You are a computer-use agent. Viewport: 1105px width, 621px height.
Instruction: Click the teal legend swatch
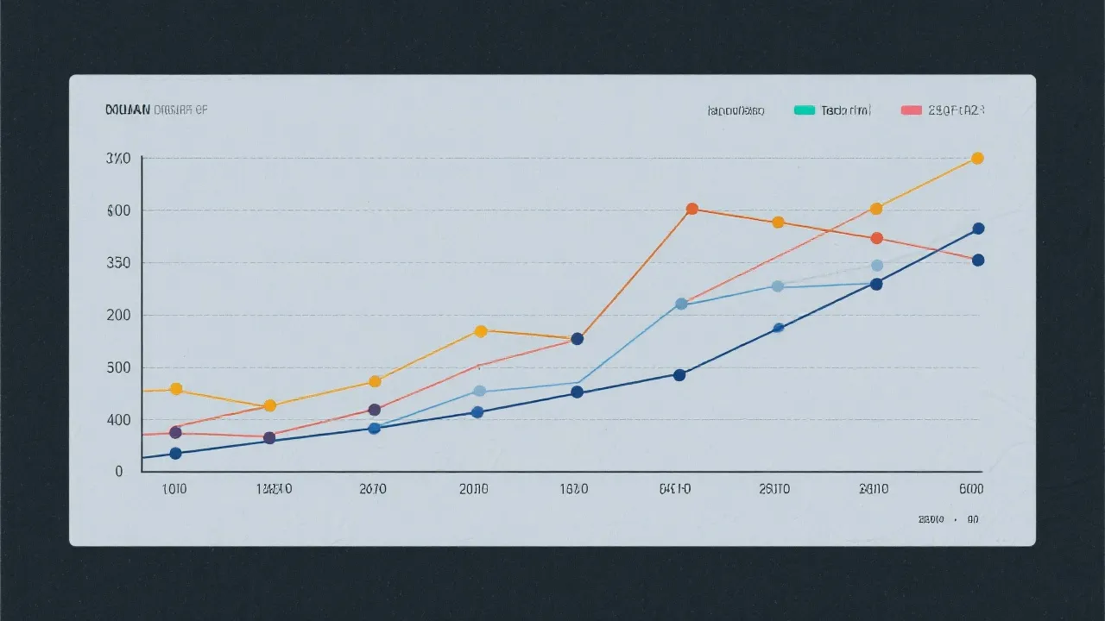pos(804,110)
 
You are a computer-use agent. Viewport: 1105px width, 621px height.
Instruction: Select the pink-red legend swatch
pos(911,110)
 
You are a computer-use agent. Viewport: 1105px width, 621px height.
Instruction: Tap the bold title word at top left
pos(127,110)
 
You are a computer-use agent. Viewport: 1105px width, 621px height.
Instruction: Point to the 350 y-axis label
pos(118,263)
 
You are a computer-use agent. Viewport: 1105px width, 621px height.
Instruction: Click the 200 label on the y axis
pos(118,316)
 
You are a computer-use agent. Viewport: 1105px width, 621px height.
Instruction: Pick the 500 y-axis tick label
pos(118,368)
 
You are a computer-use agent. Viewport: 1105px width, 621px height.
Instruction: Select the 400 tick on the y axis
pos(118,420)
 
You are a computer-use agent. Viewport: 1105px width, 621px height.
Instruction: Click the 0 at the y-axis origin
pos(119,472)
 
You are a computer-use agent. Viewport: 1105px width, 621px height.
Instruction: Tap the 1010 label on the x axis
pos(174,489)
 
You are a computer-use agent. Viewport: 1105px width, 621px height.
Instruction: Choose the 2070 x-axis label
pos(373,489)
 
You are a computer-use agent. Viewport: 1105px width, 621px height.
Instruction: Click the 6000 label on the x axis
pos(970,489)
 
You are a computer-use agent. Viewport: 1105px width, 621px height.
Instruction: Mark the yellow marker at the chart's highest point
pos(977,158)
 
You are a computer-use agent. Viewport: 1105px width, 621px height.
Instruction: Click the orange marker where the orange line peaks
pos(691,209)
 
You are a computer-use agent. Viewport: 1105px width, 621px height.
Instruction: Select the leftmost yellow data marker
pos(176,389)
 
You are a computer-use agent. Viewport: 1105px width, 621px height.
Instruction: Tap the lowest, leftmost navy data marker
pos(176,454)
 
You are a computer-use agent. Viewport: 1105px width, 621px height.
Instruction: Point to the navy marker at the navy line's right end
pos(978,229)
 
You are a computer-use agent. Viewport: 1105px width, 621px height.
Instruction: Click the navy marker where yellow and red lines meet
pos(578,339)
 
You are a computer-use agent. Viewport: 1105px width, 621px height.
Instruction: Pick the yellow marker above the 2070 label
pos(375,381)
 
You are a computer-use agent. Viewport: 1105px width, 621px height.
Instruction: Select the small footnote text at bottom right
pos(949,520)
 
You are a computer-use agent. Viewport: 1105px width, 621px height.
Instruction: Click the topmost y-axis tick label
pos(118,159)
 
